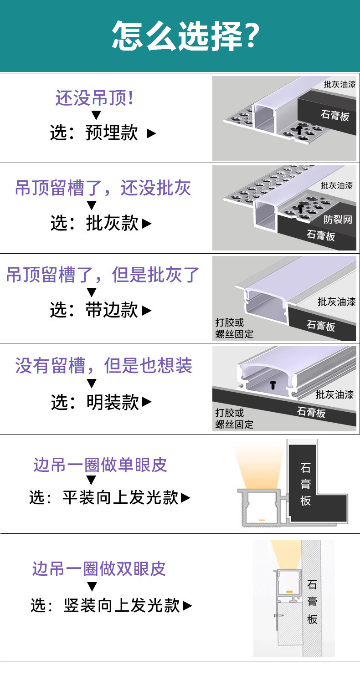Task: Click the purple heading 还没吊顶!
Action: pyautogui.click(x=95, y=98)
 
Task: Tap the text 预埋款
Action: pyautogui.click(x=112, y=133)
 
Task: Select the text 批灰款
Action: pyautogui.click(x=112, y=223)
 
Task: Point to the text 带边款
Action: pyautogui.click(x=112, y=310)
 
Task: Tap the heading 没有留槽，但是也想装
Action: pyautogui.click(x=104, y=366)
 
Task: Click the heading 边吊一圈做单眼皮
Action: pyautogui.click(x=100, y=465)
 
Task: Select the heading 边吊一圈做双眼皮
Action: pyautogui.click(x=99, y=569)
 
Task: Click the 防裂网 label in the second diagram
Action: pyautogui.click(x=338, y=220)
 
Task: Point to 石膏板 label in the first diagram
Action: pyautogui.click(x=335, y=115)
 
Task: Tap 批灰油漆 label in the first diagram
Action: pyautogui.click(x=339, y=84)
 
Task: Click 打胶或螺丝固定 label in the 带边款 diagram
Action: pyautogui.click(x=234, y=328)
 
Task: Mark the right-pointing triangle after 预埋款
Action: pyautogui.click(x=151, y=133)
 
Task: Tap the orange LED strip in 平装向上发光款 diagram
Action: pyautogui.click(x=262, y=519)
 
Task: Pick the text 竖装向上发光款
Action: pyautogui.click(x=122, y=606)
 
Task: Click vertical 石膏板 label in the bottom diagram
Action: pyautogui.click(x=312, y=601)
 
